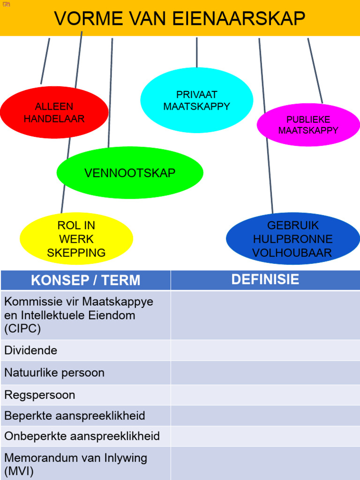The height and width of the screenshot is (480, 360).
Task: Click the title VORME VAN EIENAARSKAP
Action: [180, 19]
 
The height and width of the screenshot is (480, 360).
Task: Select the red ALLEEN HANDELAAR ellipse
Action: [54, 112]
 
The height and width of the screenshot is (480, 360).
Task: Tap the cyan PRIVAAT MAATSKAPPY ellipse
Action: [196, 100]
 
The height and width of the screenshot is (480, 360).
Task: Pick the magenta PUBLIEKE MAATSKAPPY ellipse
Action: [308, 125]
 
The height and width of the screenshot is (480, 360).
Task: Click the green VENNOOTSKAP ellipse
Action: [130, 173]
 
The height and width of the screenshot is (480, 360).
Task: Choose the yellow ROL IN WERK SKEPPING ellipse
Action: [76, 239]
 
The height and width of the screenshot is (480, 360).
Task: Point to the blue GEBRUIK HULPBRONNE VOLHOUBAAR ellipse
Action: [292, 239]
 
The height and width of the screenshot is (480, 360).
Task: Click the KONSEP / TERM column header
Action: [85, 280]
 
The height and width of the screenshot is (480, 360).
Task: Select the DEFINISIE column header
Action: [265, 280]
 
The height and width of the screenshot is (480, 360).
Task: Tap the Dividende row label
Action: [31, 350]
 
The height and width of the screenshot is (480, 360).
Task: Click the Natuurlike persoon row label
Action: [54, 373]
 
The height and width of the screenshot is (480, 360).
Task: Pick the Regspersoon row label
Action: [40, 395]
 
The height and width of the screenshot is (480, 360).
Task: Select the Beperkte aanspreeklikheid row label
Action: [75, 416]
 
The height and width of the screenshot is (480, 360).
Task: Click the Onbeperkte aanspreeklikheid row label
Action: [82, 436]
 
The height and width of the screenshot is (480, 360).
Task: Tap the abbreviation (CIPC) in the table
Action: [22, 329]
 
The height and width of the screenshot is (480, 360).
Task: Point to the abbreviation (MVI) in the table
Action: [19, 471]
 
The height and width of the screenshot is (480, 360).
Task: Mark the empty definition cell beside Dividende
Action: [265, 350]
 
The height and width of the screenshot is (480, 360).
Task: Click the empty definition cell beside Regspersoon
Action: [265, 395]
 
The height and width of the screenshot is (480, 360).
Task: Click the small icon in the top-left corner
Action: [6, 4]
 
